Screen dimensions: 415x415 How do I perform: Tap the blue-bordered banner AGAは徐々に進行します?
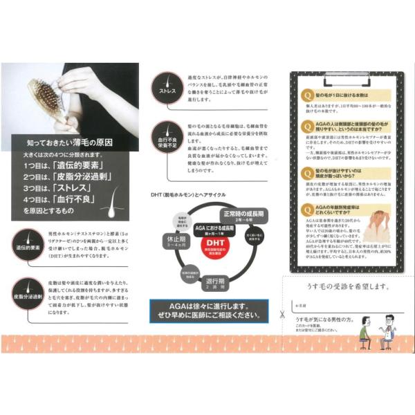point(207,312)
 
